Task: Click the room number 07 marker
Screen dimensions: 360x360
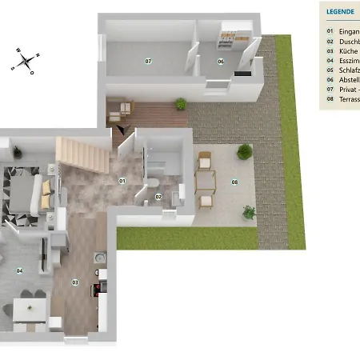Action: click(148, 61)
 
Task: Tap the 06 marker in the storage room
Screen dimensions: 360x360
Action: click(221, 61)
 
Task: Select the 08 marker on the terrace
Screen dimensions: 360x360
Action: click(234, 182)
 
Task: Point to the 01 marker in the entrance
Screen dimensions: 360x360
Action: click(122, 181)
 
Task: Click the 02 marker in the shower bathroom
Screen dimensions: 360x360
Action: click(158, 196)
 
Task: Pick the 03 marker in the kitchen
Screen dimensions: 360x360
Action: click(76, 282)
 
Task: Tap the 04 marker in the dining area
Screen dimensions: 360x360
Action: click(20, 270)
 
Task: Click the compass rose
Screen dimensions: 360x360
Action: click(26, 60)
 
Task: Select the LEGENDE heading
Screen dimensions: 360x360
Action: click(339, 13)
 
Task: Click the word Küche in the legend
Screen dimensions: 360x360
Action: click(350, 50)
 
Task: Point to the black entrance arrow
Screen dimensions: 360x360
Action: click(121, 129)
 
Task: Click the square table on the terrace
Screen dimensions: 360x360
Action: click(206, 182)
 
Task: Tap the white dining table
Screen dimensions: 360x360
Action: click(28, 313)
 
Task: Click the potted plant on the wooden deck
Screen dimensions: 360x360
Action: click(181, 103)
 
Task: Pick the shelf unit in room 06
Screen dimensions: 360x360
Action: click(230, 34)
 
